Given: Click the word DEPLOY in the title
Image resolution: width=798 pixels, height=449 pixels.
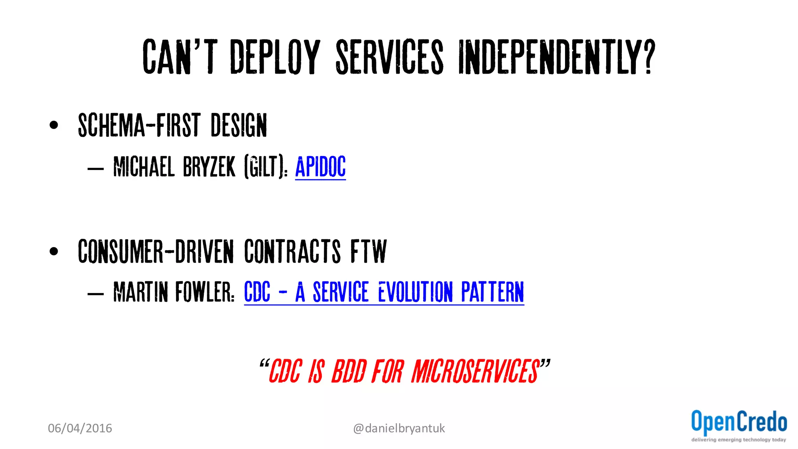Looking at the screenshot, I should (x=275, y=57).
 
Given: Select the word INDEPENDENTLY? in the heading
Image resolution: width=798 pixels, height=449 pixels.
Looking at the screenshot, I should (x=556, y=57).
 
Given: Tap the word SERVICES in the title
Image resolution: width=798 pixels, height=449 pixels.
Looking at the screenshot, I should (x=390, y=57).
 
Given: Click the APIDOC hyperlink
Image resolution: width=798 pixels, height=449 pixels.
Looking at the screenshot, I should (x=320, y=167).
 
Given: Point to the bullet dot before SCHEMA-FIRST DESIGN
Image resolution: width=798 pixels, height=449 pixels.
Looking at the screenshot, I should (x=54, y=125).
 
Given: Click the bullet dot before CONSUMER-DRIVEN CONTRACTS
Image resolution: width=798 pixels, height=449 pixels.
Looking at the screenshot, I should (x=54, y=251).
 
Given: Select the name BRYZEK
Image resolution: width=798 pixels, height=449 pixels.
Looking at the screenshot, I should (x=209, y=167).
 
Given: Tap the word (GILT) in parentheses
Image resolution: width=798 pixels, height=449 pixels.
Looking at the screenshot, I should (x=264, y=167).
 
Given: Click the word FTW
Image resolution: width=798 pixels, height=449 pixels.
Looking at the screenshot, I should (x=368, y=251).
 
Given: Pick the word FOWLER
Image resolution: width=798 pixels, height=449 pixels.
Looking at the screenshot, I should (x=204, y=292).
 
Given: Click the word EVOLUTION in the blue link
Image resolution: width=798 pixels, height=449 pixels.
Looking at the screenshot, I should (x=415, y=292).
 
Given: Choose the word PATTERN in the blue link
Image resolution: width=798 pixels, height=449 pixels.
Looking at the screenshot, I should (x=493, y=292).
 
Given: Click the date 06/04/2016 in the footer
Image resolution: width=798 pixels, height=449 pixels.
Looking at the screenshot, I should (x=80, y=428).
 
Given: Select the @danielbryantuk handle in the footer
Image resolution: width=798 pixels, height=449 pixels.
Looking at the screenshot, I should (x=399, y=428).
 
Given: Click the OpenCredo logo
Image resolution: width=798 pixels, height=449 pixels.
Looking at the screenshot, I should (x=739, y=422).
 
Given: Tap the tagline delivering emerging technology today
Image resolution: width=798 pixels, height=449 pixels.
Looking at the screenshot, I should (x=738, y=440).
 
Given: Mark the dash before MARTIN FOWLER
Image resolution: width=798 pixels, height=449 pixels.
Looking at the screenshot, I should (x=95, y=293).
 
